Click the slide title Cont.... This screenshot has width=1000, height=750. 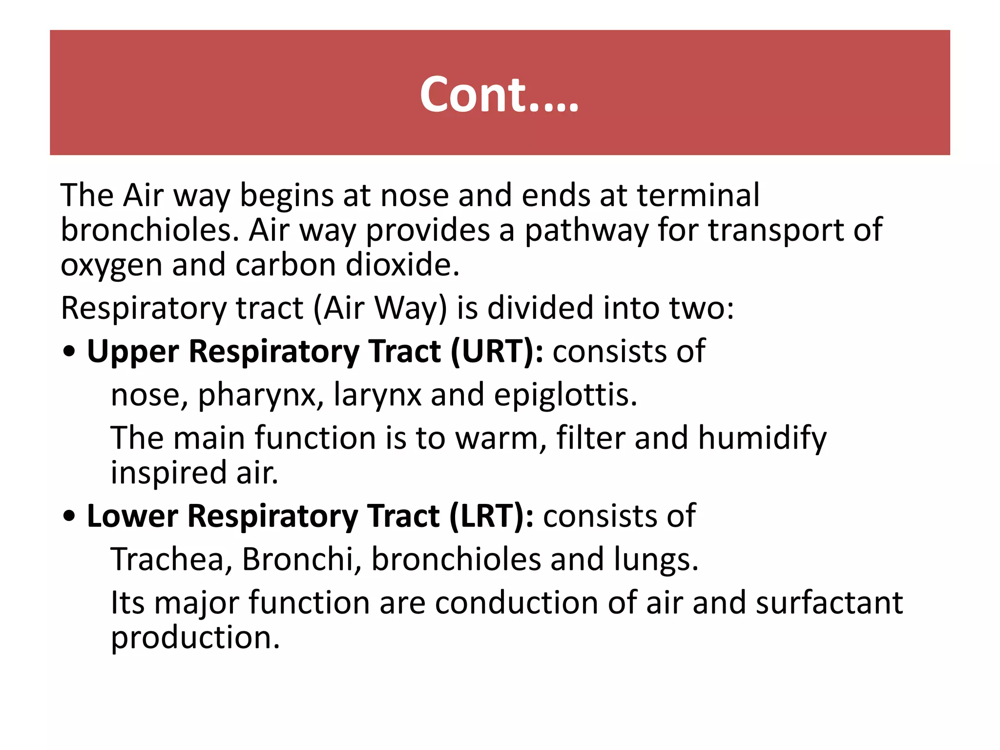(499, 95)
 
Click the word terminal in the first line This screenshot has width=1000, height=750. (698, 195)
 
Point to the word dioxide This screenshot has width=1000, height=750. (402, 265)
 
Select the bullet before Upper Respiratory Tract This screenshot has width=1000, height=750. (70, 352)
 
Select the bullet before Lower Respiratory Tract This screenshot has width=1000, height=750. (70, 517)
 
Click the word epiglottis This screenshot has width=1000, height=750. (565, 396)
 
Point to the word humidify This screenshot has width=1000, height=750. (762, 438)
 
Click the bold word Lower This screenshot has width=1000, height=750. (132, 517)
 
